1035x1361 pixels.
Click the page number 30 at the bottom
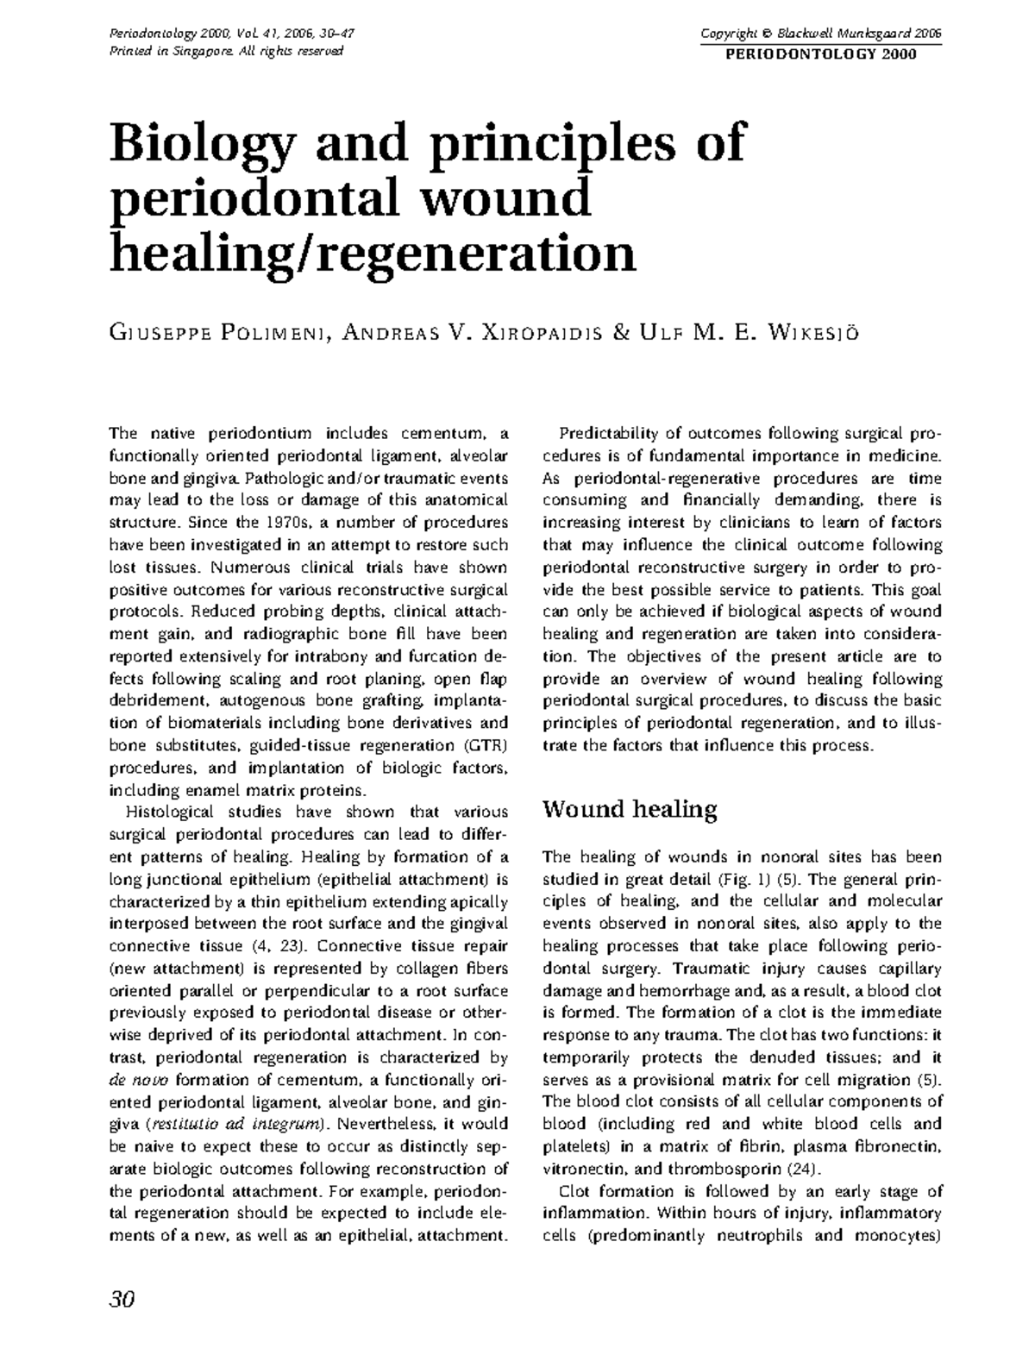122,1300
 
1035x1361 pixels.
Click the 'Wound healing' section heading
629,810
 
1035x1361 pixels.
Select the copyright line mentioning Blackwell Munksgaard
820,34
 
